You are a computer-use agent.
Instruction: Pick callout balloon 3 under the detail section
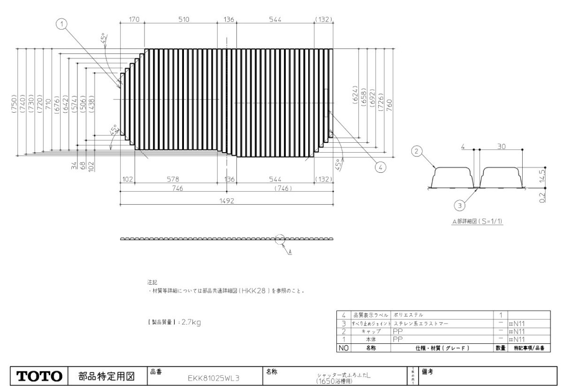(x=462, y=205)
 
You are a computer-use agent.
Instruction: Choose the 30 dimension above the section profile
(x=501, y=147)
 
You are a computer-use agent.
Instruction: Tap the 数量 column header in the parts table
(x=500, y=348)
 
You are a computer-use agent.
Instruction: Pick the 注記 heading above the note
(x=152, y=283)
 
